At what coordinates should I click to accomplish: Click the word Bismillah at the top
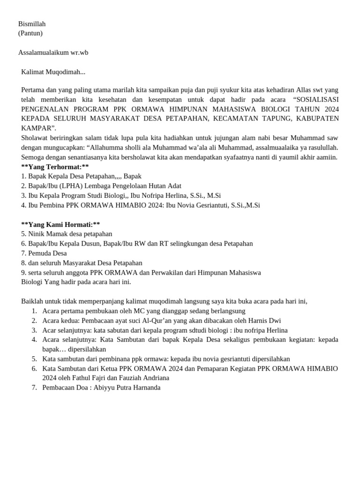pyautogui.click(x=32, y=24)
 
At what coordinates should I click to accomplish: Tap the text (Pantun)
pyautogui.click(x=30, y=33)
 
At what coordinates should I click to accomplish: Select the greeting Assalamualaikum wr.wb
pyautogui.click(x=53, y=52)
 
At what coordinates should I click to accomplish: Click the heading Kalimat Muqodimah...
pyautogui.click(x=53, y=72)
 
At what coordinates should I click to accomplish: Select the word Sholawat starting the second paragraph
pyautogui.click(x=35, y=138)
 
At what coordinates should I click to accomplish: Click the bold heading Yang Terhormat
pyautogui.click(x=55, y=166)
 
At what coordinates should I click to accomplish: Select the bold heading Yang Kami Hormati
pyautogui.click(x=60, y=225)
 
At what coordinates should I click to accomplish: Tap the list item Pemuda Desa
pyautogui.click(x=47, y=253)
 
